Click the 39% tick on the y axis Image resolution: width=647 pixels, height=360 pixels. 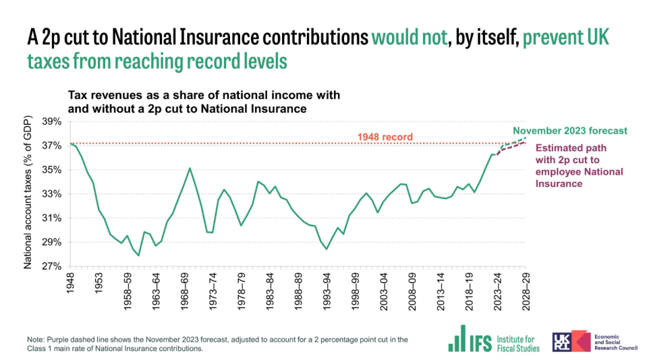coord(52,121)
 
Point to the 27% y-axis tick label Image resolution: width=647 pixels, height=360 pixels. coord(52,266)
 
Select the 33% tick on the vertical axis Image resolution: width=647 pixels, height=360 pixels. coord(52,194)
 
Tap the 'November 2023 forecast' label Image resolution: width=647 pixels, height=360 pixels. coord(570,131)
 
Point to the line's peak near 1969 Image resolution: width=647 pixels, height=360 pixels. coord(190,168)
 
